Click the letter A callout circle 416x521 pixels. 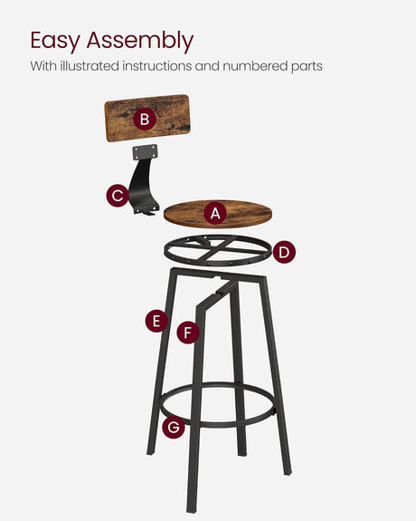point(214,214)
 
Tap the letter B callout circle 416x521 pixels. point(143,119)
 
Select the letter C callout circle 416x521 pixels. point(118,196)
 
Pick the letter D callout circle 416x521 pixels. point(283,253)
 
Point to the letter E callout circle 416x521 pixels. point(156,321)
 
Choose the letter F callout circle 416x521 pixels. point(187,333)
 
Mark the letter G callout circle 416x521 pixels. point(174,427)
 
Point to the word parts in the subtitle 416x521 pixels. point(306,66)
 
